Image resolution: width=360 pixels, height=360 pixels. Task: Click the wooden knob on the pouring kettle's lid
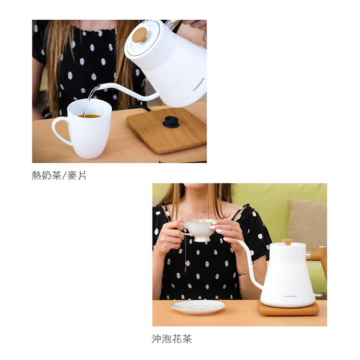140,35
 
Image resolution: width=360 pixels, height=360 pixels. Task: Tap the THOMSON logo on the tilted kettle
199,84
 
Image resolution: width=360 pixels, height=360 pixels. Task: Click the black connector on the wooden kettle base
171,122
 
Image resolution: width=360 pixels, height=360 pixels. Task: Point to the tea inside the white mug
89,116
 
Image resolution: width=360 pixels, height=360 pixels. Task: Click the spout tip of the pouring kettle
97,87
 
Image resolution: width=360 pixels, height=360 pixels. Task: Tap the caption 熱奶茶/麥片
59,176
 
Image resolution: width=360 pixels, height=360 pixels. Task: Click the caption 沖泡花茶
172,339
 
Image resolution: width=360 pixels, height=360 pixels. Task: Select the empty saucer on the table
198,307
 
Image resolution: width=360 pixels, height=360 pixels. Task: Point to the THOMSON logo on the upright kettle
290,297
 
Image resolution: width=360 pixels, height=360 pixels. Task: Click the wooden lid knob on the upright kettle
288,242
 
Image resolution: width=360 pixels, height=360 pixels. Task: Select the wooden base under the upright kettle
288,309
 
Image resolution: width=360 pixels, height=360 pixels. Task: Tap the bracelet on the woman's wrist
242,274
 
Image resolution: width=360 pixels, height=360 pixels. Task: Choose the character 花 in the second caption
177,339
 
